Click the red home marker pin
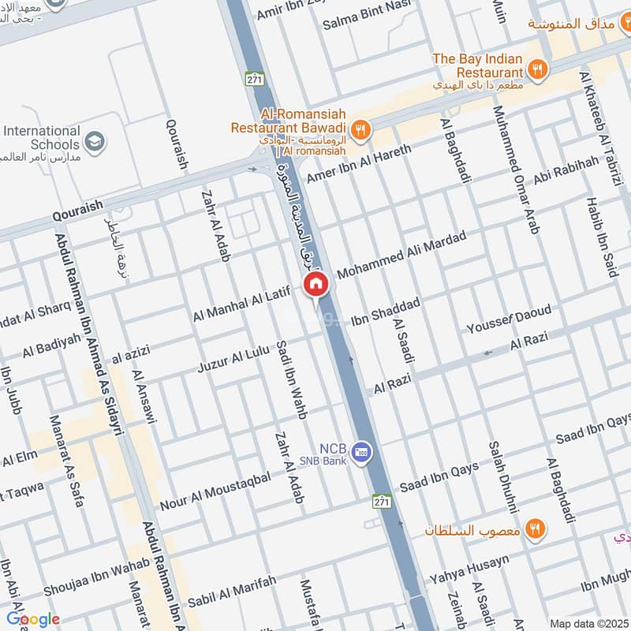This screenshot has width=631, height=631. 315,284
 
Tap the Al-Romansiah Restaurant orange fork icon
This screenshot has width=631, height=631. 360,129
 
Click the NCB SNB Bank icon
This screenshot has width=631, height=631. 362,450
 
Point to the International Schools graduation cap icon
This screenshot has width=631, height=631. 95,141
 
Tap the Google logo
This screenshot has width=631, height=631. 32,619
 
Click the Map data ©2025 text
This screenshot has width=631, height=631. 588,623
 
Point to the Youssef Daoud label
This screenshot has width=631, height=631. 509,318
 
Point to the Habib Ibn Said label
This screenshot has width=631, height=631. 599,237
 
